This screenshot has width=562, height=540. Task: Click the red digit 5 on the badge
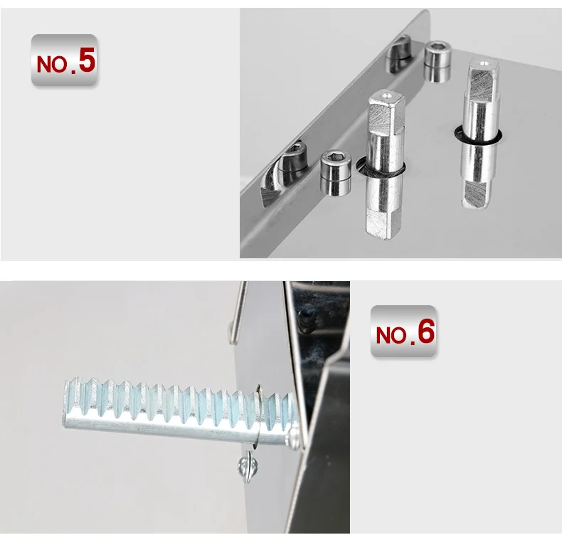[x=87, y=60]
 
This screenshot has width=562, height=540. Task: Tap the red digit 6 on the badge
[x=426, y=332]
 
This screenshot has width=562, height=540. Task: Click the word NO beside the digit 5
[x=52, y=64]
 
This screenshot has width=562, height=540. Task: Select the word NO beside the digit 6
[x=391, y=336]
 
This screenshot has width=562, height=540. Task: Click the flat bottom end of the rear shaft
[x=475, y=194]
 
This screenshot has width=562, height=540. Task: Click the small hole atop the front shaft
[x=386, y=95]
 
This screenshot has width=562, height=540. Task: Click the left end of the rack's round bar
[x=65, y=419]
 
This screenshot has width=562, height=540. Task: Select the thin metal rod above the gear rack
[x=238, y=312]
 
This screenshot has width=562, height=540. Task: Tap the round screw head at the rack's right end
[x=293, y=435]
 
